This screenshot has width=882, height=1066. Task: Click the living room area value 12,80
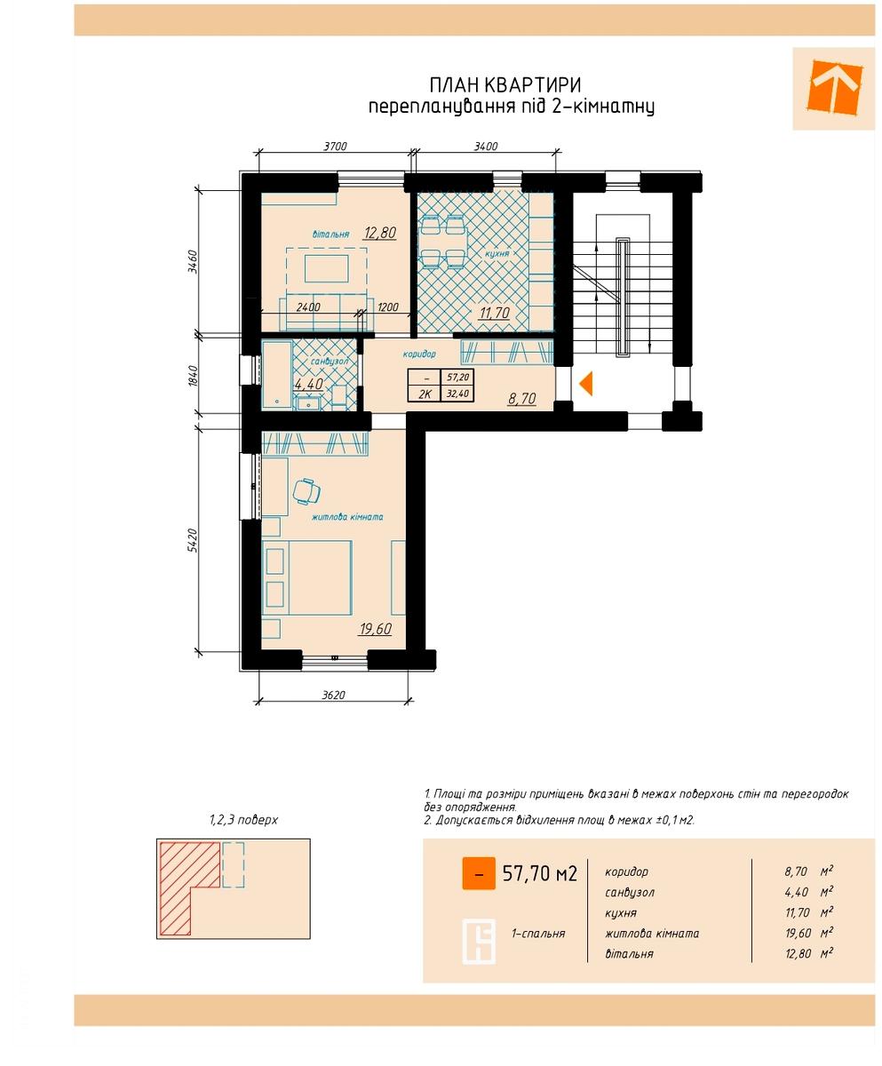click(x=380, y=233)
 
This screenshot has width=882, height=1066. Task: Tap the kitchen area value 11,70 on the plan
click(x=494, y=312)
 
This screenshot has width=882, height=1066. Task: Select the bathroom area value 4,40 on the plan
click(x=308, y=384)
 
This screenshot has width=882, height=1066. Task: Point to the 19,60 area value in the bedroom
click(x=375, y=628)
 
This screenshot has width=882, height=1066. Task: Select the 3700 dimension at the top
click(x=335, y=147)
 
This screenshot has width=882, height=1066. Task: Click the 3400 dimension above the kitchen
click(x=485, y=147)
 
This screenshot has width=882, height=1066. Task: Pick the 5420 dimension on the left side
click(x=192, y=540)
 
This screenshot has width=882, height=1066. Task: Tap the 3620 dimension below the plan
click(x=333, y=695)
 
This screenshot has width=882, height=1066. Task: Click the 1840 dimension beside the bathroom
click(x=193, y=375)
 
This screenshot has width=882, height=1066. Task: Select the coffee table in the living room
click(x=327, y=268)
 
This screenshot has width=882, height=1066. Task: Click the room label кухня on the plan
click(x=497, y=253)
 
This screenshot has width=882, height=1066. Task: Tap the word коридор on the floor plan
click(x=419, y=354)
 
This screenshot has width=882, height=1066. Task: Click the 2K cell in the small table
click(x=425, y=394)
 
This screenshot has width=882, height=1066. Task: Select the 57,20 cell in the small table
click(x=457, y=378)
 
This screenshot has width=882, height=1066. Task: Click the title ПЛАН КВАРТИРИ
click(x=505, y=84)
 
